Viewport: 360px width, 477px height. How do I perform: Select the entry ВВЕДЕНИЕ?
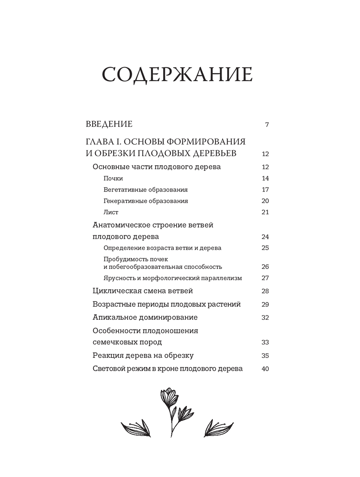[x=109, y=124]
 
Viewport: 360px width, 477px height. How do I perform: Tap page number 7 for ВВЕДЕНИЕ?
[x=267, y=125]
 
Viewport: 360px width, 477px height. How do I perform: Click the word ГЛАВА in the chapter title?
[x=99, y=141]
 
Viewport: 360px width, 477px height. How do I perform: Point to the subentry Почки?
[x=113, y=179]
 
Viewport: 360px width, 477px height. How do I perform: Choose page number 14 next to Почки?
[x=265, y=179]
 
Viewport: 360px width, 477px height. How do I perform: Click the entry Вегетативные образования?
[x=145, y=190]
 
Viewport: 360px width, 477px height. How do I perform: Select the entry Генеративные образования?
[x=145, y=201]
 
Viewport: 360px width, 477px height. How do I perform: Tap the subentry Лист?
[x=111, y=212]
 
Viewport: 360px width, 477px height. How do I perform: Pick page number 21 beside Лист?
[x=265, y=212]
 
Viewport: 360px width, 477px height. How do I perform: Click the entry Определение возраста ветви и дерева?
[x=162, y=248]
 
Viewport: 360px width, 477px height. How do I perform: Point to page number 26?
[x=265, y=267]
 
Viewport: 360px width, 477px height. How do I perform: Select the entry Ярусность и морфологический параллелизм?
[x=172, y=278]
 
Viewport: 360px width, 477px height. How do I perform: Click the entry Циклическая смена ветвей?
[x=143, y=291]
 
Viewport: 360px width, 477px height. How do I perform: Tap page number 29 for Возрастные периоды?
[x=265, y=305]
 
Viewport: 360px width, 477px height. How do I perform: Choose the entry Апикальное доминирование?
[x=145, y=318]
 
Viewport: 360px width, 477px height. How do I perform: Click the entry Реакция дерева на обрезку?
[x=143, y=356]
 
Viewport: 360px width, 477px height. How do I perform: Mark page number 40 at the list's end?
[x=265, y=369]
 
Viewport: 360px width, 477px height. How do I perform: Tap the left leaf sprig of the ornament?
[x=135, y=428]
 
